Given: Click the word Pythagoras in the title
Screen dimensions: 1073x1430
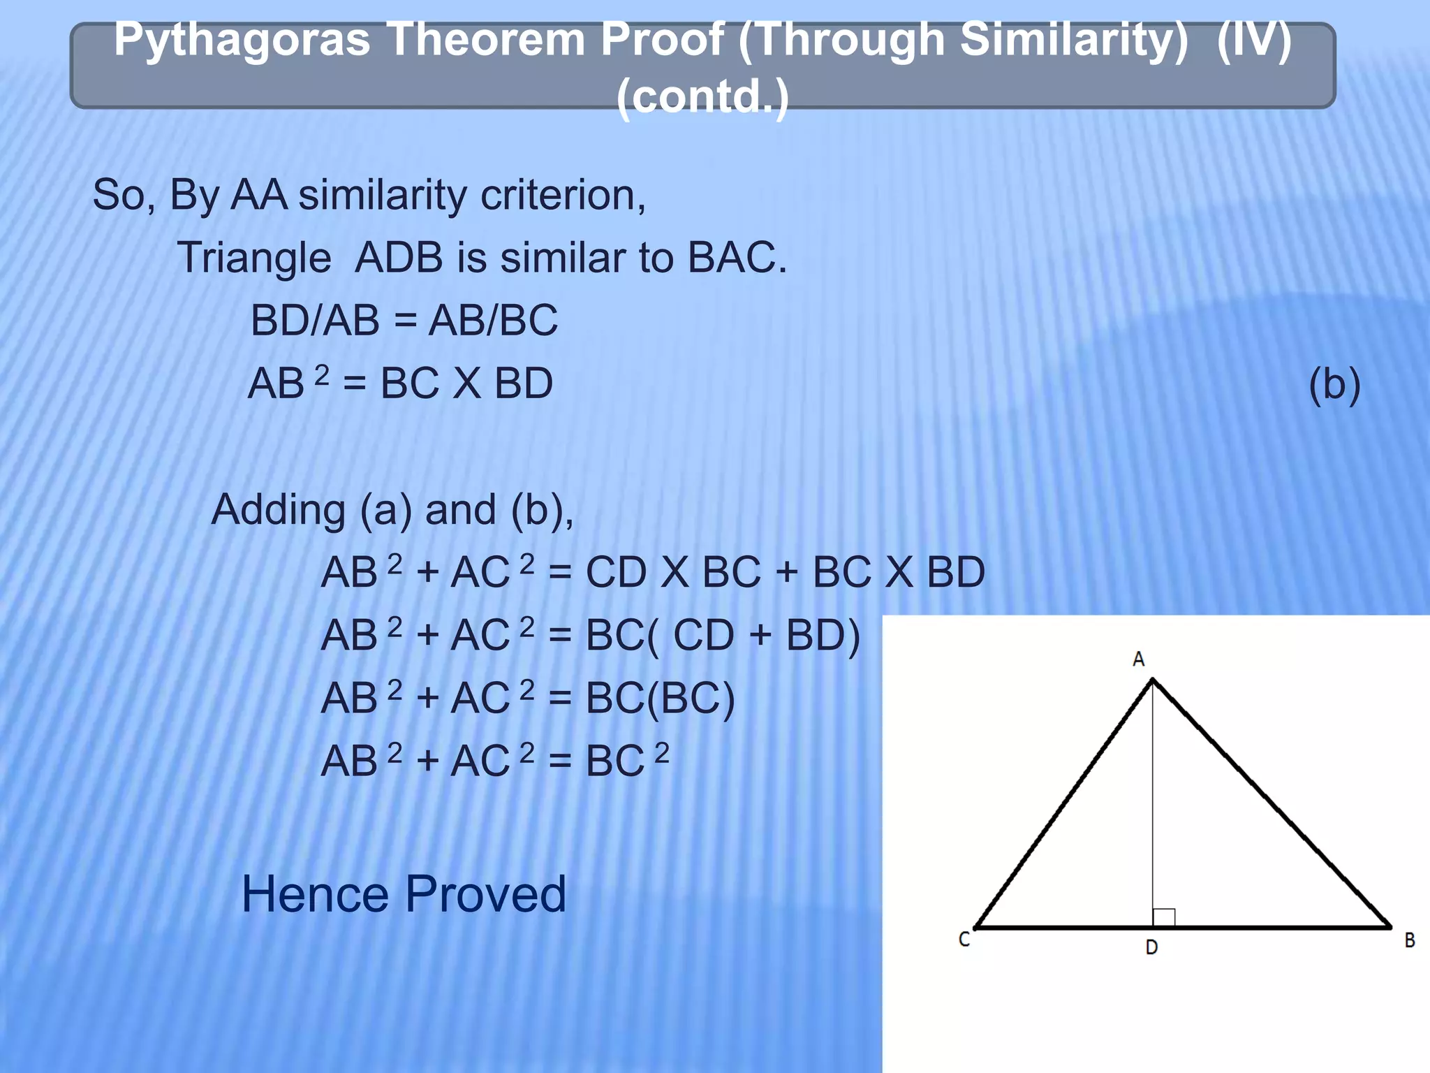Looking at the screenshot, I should tap(242, 41).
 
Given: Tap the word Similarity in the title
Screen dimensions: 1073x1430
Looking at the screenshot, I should tap(1072, 39).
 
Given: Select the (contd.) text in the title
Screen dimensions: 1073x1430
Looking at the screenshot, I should tap(702, 96).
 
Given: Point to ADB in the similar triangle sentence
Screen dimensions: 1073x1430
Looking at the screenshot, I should tap(399, 258).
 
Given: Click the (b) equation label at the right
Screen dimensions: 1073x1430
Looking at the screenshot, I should tap(1334, 384).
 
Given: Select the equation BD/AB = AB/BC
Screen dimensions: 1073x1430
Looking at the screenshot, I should tap(404, 321).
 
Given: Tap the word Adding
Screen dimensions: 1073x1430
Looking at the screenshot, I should tap(278, 510).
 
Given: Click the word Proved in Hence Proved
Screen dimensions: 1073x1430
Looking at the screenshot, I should tap(485, 895).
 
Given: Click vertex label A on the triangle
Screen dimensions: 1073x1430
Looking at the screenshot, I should tap(1139, 659).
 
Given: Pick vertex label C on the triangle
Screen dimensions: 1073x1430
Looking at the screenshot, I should tap(964, 940).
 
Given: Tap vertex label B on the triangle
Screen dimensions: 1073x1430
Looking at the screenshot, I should tap(1409, 940).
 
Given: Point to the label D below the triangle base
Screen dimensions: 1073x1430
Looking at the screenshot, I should tap(1151, 947).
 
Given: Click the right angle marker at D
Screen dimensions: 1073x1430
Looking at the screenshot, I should tap(1163, 917).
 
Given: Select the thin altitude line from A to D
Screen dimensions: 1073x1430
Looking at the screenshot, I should tap(1153, 803).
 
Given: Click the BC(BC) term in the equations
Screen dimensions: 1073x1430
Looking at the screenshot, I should tap(660, 699).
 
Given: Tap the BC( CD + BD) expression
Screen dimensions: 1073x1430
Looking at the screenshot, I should tap(722, 636).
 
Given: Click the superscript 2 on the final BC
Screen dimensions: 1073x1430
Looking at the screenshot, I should tap(661, 752).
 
